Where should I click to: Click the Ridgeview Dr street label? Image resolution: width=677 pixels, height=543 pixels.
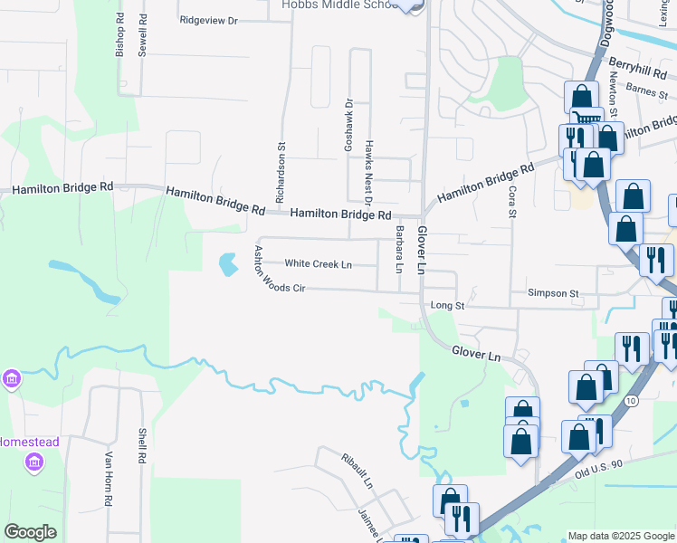point(208,19)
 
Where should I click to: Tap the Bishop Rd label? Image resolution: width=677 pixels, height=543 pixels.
point(119,37)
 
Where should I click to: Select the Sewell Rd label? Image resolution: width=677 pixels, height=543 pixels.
point(143,37)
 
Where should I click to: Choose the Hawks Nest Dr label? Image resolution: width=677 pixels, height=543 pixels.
point(368,160)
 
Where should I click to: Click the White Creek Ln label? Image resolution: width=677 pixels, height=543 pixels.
point(318,264)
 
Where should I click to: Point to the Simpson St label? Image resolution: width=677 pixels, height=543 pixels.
point(554,293)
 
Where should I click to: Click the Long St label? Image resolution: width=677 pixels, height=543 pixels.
point(447,306)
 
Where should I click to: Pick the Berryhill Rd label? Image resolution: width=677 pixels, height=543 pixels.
point(637,67)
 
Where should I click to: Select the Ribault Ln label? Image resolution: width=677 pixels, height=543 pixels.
point(357,471)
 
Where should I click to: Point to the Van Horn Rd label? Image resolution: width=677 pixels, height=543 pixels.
point(108,479)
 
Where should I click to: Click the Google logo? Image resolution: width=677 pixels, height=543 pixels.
point(30,532)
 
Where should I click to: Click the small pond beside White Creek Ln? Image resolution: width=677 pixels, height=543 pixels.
point(226,264)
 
